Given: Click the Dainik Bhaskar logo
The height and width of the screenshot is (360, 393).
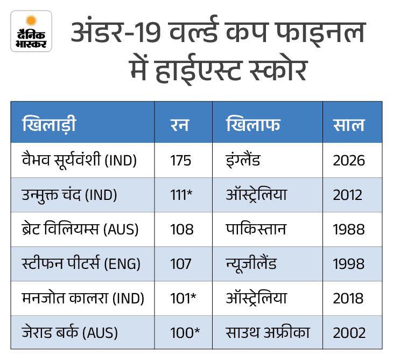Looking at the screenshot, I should (x=31, y=31).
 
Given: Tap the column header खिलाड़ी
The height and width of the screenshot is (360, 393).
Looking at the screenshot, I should (x=49, y=126).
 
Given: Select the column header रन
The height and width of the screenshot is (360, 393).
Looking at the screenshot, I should (x=180, y=126).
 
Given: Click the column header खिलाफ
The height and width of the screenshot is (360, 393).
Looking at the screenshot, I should (x=253, y=126).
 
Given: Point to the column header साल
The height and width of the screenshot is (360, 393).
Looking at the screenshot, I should (x=348, y=126).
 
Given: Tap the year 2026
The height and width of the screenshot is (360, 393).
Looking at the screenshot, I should (x=349, y=161).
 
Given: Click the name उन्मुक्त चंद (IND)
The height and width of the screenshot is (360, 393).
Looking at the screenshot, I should (x=68, y=195).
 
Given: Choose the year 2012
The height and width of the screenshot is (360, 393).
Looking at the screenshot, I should (x=349, y=195).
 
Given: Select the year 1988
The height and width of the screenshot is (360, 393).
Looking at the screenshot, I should (x=349, y=230).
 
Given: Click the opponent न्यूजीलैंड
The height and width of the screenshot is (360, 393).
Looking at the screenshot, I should (x=252, y=264).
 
